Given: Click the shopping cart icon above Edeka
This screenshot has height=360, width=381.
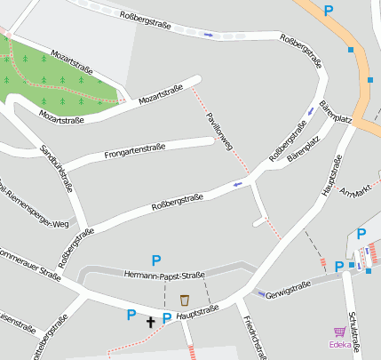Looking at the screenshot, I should [339, 332].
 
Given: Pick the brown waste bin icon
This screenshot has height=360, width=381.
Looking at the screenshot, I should [185, 300].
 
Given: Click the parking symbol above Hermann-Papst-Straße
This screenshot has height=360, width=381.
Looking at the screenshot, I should [156, 260].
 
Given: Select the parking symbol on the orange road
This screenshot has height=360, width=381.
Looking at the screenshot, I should [329, 11].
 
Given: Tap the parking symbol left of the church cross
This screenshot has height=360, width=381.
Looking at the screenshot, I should [131, 314].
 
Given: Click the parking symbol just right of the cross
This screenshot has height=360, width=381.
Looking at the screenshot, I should [166, 317].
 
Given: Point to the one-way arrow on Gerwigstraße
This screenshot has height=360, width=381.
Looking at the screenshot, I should [261, 293].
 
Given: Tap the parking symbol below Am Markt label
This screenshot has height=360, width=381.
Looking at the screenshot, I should [361, 234].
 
